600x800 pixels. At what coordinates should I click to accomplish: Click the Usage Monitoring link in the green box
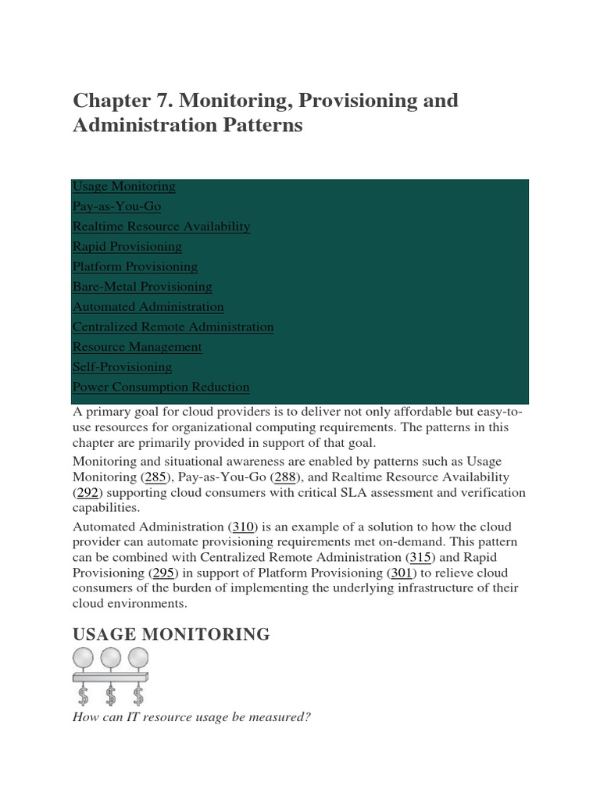[x=123, y=187]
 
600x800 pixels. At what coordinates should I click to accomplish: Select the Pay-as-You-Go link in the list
[x=116, y=206]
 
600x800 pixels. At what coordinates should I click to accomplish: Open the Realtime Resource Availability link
[x=161, y=227]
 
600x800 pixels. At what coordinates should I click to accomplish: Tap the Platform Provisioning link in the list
[x=135, y=266]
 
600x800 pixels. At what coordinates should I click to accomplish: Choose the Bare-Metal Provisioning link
[x=142, y=287]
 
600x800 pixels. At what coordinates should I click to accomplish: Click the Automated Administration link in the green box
[x=148, y=307]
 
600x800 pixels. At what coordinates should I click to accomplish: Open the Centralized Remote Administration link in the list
[x=173, y=327]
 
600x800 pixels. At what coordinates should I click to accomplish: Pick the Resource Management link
[x=137, y=347]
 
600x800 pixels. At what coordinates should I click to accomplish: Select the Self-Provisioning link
[x=122, y=367]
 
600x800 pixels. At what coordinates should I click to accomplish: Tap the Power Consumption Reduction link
[x=161, y=387]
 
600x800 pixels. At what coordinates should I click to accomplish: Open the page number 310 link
[x=244, y=527]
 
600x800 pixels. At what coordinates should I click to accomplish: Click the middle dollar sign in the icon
[x=111, y=694]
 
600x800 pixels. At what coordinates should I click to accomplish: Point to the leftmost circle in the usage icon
[x=84, y=659]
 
